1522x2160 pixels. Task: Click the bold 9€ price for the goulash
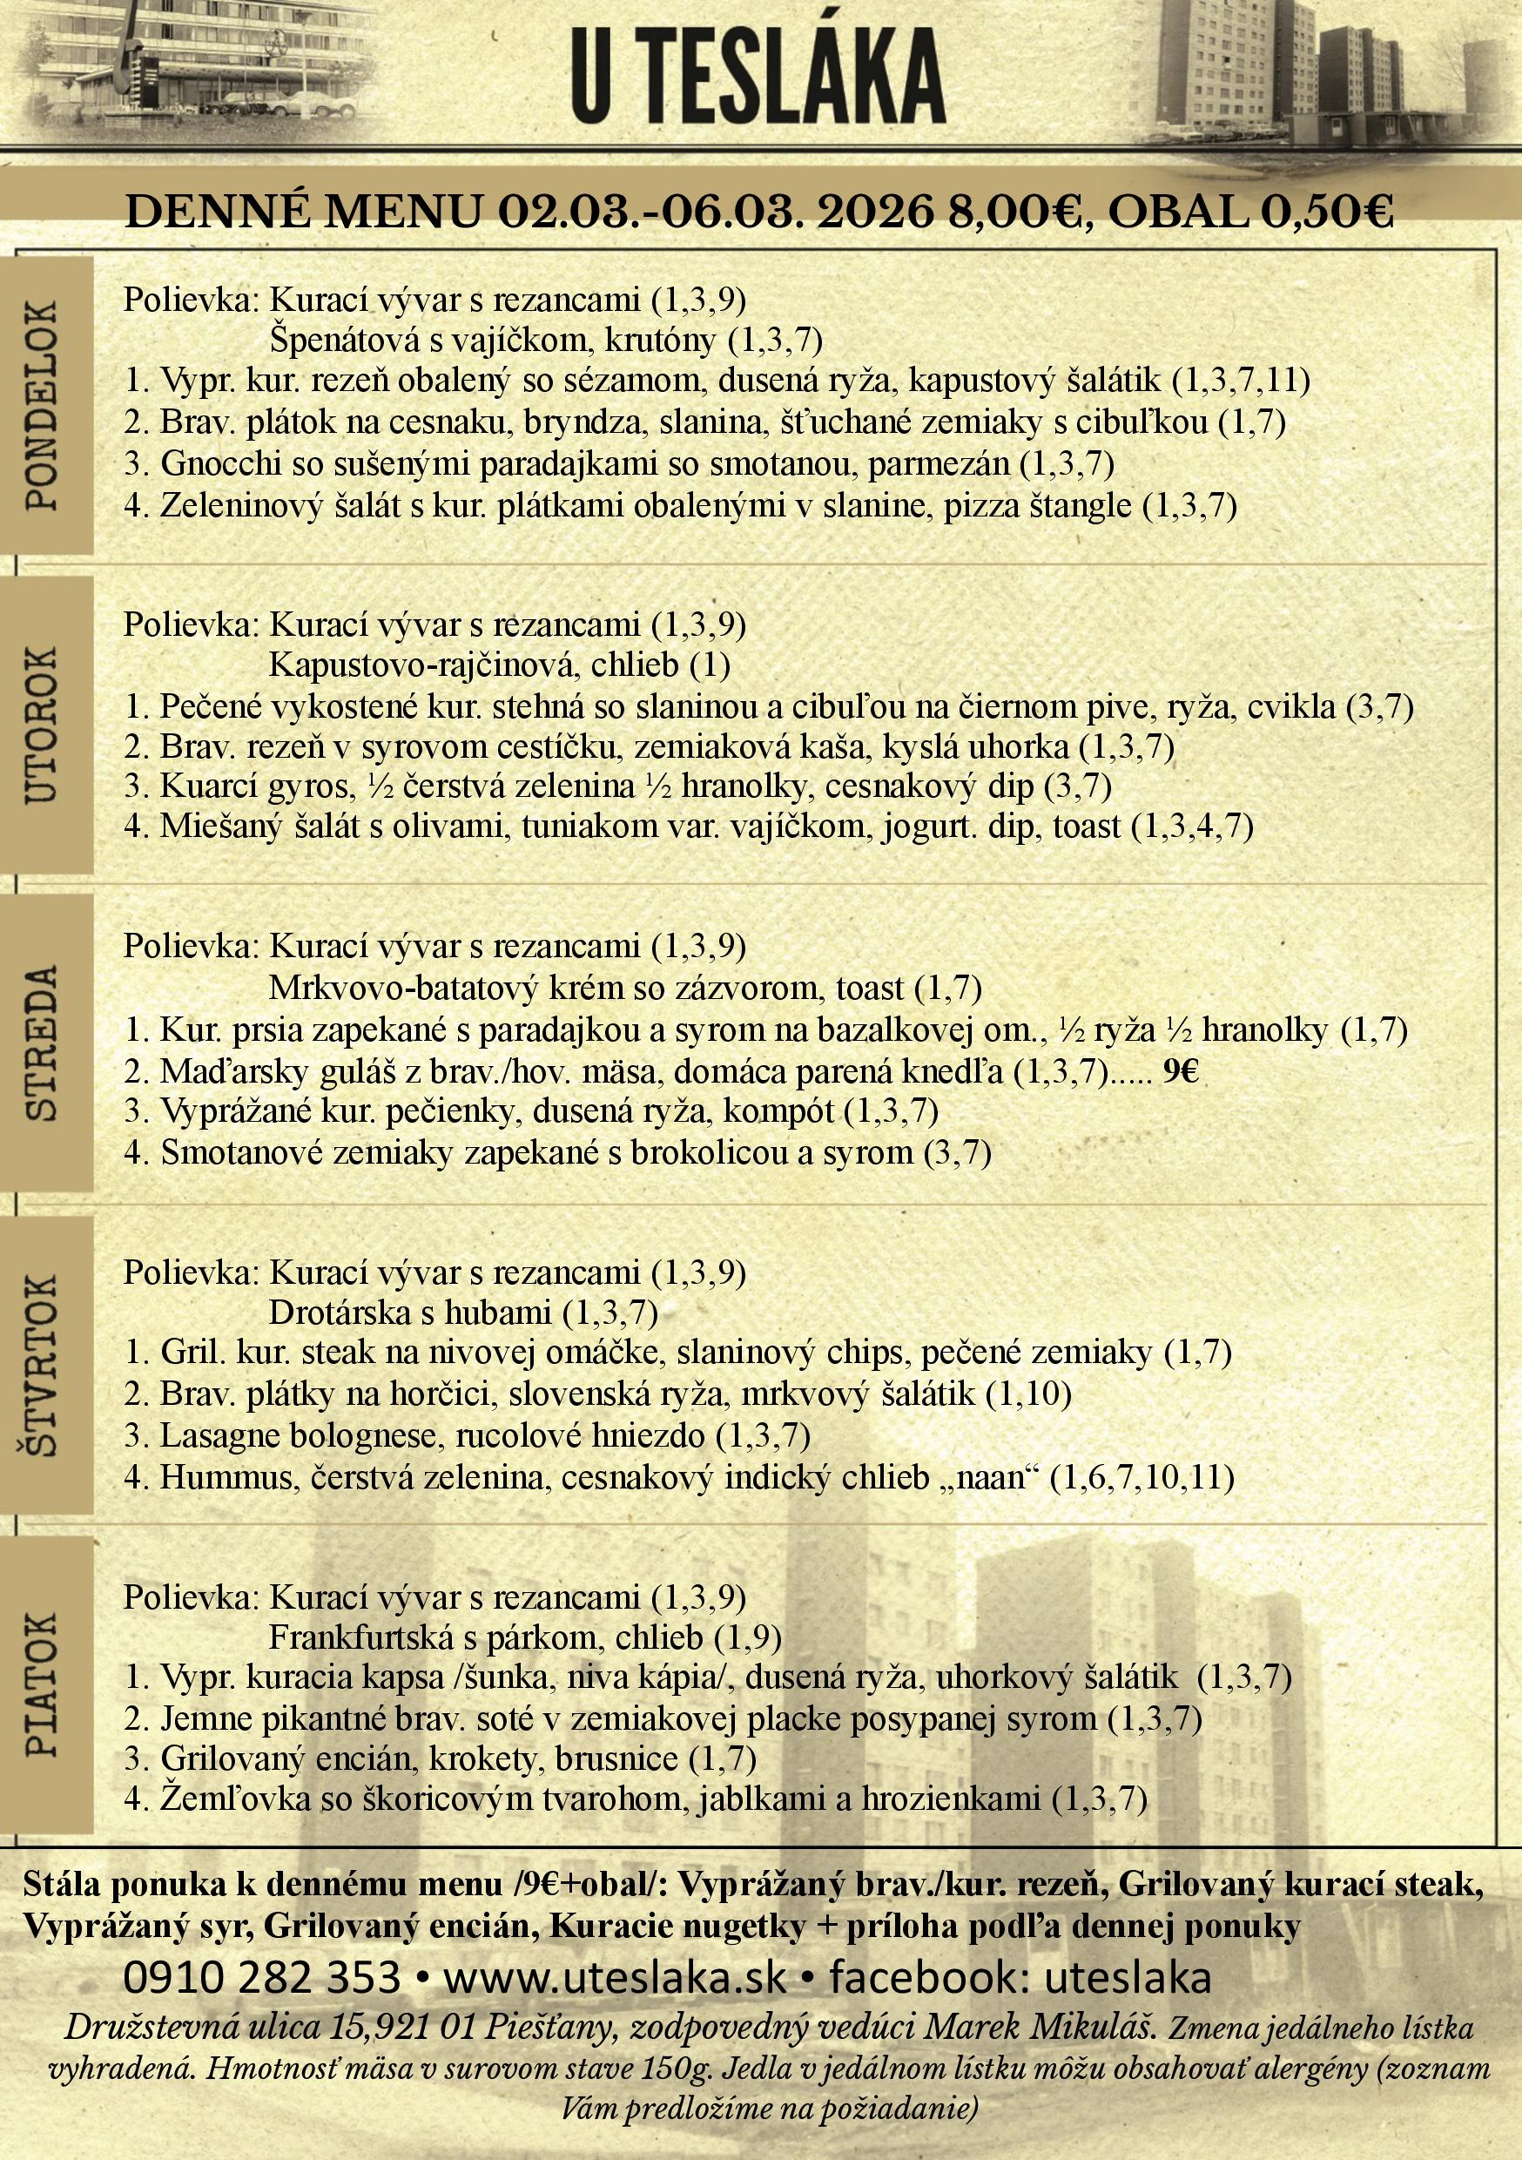tap(1181, 1071)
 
